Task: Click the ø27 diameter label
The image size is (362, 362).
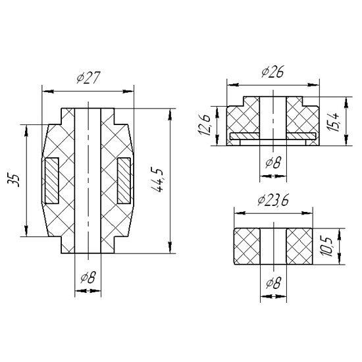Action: (x=89, y=77)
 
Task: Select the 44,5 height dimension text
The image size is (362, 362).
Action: (x=157, y=180)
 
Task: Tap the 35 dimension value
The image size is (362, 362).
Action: (x=14, y=180)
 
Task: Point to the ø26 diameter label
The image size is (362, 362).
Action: (x=272, y=72)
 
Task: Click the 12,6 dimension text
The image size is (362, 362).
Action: (x=204, y=124)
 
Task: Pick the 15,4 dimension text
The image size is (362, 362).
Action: (x=334, y=122)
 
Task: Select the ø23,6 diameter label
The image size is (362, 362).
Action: (x=273, y=200)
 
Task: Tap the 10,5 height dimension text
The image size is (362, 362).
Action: (x=326, y=247)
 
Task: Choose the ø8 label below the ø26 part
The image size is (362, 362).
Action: (x=273, y=162)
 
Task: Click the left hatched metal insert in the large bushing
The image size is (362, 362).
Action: (x=52, y=181)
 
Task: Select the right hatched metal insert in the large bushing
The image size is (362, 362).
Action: (x=124, y=181)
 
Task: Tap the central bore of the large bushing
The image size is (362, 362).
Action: (x=88, y=180)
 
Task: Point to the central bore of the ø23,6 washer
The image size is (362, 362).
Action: (x=273, y=246)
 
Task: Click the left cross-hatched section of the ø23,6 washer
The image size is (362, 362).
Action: (x=247, y=246)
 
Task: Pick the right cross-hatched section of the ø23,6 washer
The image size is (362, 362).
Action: (x=299, y=246)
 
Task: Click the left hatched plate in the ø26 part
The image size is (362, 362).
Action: (x=245, y=136)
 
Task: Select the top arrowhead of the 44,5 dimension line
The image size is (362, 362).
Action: (x=170, y=114)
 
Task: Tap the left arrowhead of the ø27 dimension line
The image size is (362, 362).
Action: (x=49, y=91)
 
